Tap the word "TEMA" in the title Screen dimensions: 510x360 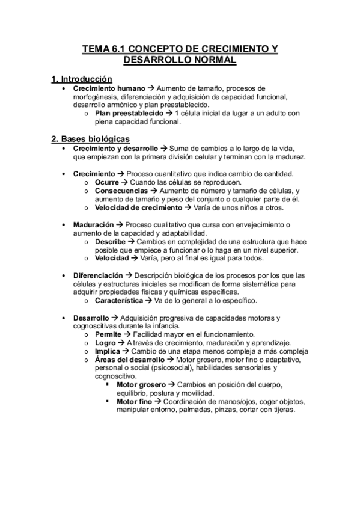96,49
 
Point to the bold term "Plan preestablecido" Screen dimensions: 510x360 129,113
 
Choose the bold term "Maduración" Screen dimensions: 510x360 93,224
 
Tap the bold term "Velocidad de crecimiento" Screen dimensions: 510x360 138,207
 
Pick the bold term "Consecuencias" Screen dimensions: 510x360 121,191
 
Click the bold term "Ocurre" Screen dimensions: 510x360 107,182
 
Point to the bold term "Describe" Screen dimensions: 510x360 110,241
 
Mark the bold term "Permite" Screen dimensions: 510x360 108,334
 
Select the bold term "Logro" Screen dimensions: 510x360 105,342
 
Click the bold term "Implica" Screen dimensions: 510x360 107,351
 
